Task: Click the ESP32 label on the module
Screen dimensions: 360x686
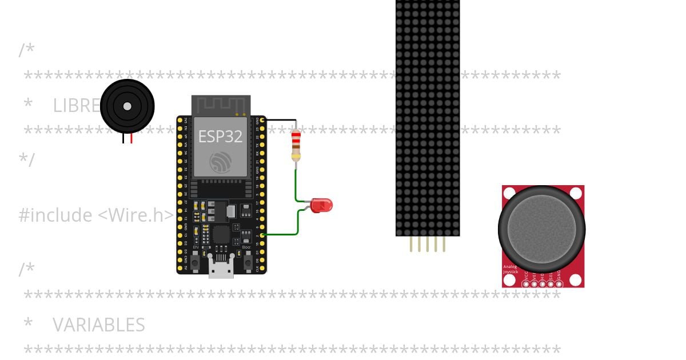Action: point(220,136)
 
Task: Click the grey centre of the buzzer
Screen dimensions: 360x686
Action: point(127,106)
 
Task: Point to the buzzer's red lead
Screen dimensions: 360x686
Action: point(131,138)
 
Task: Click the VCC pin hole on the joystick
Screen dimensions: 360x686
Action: point(526,283)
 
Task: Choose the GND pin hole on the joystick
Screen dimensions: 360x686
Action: point(559,283)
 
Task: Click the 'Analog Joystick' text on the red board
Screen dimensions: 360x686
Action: point(510,269)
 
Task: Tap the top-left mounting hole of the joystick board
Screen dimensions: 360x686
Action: point(509,193)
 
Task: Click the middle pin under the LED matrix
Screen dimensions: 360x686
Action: point(428,245)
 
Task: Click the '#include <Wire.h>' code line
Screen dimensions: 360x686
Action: point(96,215)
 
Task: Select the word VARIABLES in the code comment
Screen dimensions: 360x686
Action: point(98,325)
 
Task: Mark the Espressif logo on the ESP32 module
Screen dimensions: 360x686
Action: point(221,162)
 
